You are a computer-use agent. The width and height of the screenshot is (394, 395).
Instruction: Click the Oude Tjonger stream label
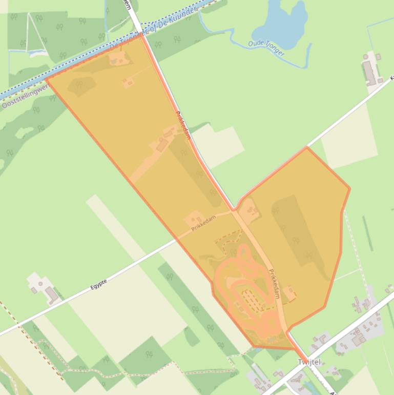pyautogui.click(x=266, y=48)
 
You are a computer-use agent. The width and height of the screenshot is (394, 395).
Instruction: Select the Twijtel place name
pyautogui.click(x=309, y=362)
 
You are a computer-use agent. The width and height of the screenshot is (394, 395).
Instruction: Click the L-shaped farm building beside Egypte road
pyautogui.click(x=51, y=294)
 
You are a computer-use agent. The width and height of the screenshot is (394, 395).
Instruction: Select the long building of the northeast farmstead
pyautogui.click(x=369, y=72)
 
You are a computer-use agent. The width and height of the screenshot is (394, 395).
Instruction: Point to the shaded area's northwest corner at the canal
pyautogui.click(x=47, y=79)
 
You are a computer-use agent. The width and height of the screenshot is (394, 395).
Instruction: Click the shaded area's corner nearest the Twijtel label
pyautogui.click(x=295, y=349)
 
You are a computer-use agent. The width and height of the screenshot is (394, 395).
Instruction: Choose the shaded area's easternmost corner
pyautogui.click(x=349, y=188)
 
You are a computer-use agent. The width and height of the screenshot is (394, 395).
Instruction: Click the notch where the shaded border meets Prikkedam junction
pyautogui.click(x=234, y=210)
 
